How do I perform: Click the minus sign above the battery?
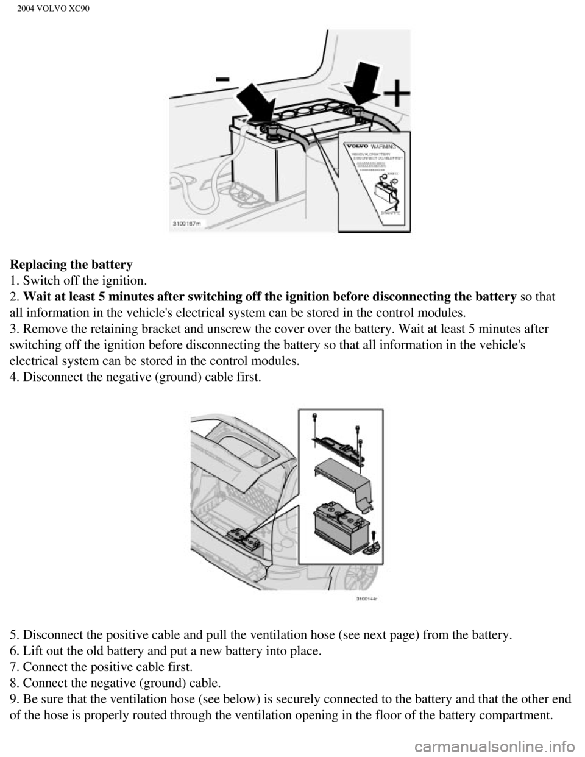pos(222,80)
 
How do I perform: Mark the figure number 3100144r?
pos(367,598)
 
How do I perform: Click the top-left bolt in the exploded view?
pos(314,416)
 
